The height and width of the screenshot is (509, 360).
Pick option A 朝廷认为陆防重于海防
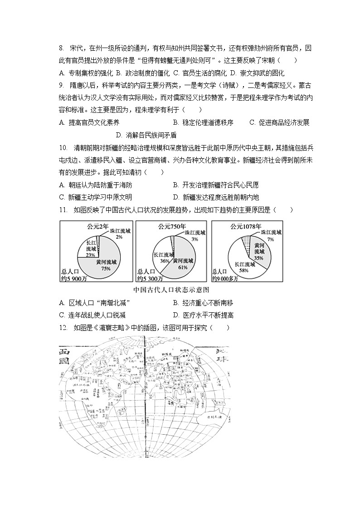[96, 185]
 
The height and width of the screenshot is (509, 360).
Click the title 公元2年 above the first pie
[98, 226]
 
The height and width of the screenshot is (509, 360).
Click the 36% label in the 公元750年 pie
[165, 261]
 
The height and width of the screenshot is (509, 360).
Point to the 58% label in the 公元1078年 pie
[243, 270]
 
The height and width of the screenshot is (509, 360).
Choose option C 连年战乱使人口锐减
[92, 315]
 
